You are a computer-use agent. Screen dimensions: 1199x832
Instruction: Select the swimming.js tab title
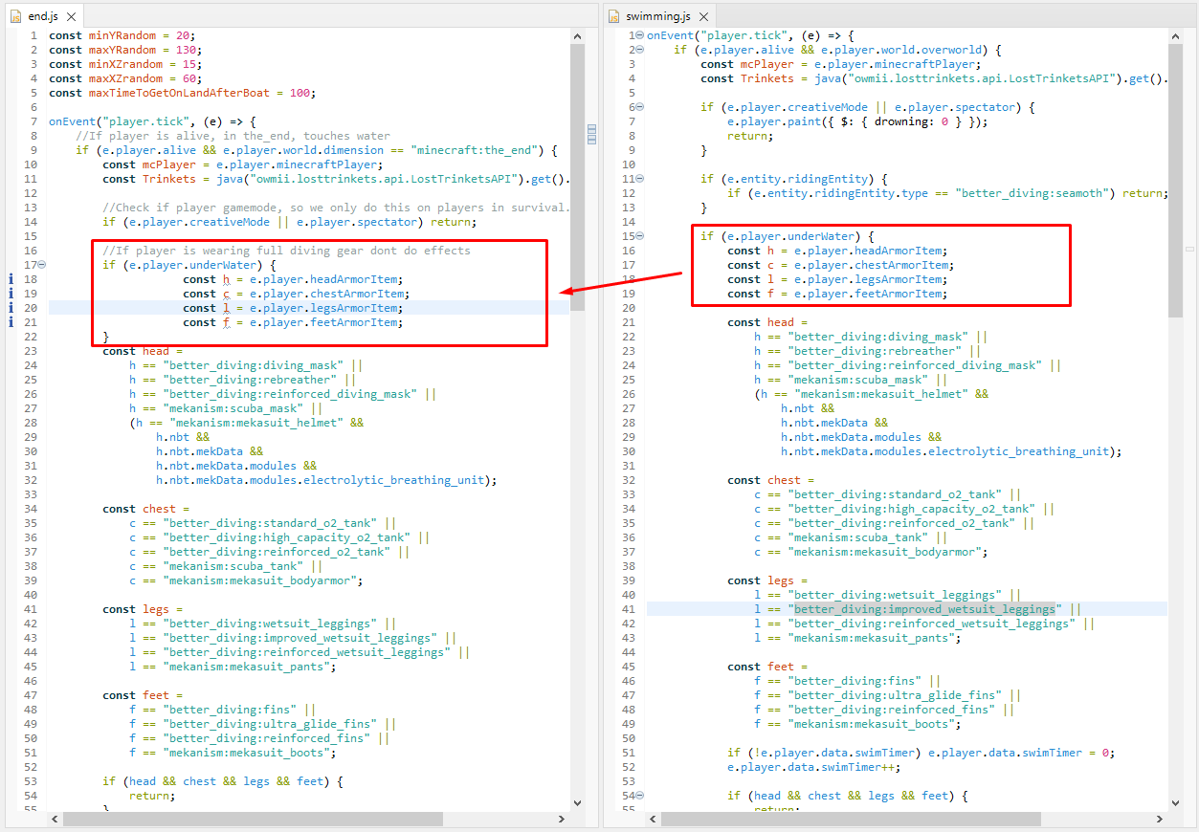point(657,16)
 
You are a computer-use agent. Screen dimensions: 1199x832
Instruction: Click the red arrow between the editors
point(622,283)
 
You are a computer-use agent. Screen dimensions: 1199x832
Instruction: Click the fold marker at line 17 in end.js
point(42,265)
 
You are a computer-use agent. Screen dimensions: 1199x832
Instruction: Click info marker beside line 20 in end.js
point(11,308)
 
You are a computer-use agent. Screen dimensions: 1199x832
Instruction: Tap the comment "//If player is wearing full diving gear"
point(286,251)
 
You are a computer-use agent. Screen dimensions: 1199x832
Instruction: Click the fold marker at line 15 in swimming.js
point(640,236)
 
